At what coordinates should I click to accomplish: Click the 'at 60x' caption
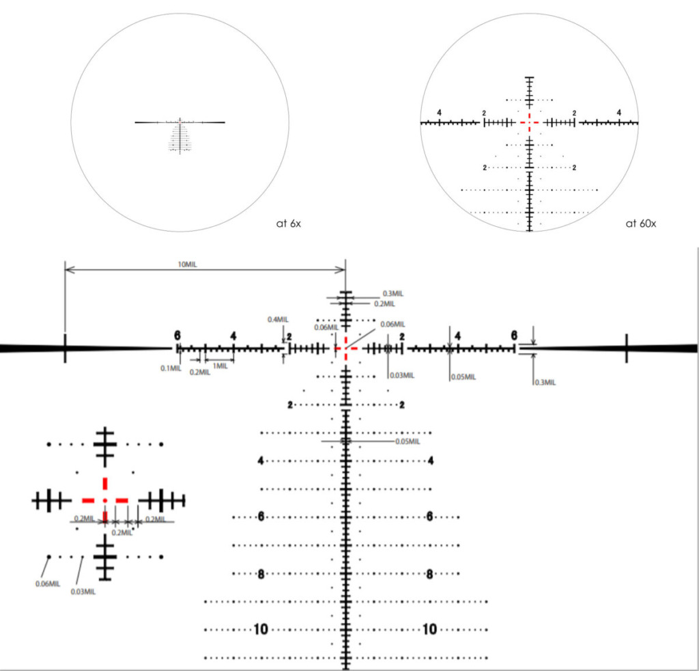[640, 223]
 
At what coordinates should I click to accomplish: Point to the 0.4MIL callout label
[278, 319]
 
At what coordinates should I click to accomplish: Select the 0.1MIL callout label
[171, 368]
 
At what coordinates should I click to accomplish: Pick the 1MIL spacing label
[220, 366]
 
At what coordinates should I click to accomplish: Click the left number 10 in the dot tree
[261, 629]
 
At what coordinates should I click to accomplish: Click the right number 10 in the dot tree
[429, 629]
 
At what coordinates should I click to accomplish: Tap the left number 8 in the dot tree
[261, 573]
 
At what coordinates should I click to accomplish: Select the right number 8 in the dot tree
[429, 573]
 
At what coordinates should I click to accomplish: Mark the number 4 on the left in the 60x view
[439, 112]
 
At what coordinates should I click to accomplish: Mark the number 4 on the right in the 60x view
[619, 112]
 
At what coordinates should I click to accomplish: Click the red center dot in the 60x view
[529, 122]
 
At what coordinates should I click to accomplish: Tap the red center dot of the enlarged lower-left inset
[104, 500]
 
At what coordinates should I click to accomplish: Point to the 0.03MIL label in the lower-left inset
[83, 592]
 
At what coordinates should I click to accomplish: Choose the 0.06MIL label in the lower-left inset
[47, 584]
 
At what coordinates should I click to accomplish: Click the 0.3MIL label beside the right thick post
[544, 382]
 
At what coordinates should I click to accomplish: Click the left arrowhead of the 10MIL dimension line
[67, 270]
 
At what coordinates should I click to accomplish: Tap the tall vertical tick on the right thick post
[627, 348]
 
